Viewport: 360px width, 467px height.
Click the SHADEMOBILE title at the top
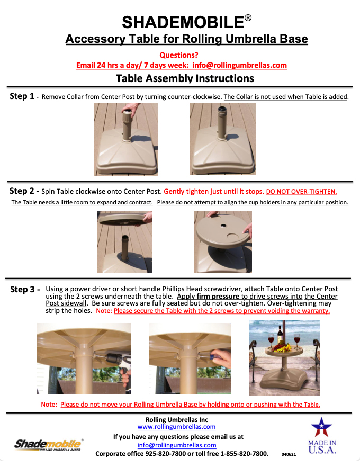click(183, 22)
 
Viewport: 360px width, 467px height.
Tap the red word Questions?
click(179, 55)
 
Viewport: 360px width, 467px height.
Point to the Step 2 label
click(22, 191)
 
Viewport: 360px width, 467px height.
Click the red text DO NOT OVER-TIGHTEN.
click(301, 191)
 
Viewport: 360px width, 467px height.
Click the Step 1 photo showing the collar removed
click(223, 139)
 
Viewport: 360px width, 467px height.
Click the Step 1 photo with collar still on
click(126, 139)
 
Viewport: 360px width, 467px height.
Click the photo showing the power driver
click(84, 358)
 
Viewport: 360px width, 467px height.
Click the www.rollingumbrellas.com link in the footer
click(176, 426)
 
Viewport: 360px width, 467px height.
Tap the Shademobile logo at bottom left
click(48, 444)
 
